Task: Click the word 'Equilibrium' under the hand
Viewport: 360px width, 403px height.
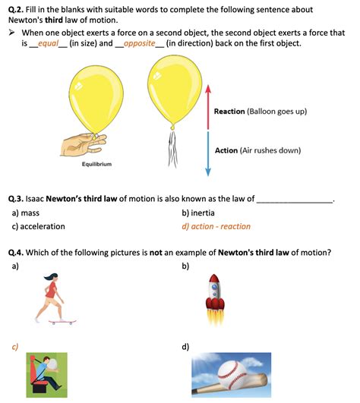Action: tap(98, 164)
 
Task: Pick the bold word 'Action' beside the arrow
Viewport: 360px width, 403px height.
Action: tap(226, 150)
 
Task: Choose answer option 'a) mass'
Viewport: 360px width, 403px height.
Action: tap(26, 213)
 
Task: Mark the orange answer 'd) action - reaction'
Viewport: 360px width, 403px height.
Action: tap(216, 226)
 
